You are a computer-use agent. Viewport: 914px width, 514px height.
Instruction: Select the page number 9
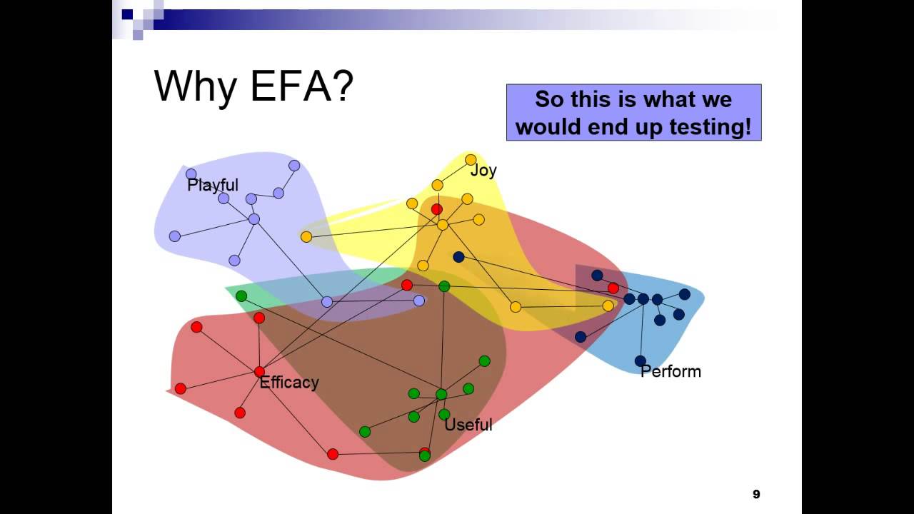[756, 494]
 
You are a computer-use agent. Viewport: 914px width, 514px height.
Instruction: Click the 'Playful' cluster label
[212, 186]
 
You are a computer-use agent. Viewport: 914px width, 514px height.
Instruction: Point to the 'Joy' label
[483, 171]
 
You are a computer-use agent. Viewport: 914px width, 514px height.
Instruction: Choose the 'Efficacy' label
[289, 383]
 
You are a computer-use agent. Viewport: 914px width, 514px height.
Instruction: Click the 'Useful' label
[468, 425]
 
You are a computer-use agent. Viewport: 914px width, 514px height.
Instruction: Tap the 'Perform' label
[671, 371]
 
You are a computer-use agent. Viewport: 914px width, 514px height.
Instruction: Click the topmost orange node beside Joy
[471, 160]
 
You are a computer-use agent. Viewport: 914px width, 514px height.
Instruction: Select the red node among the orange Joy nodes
[436, 209]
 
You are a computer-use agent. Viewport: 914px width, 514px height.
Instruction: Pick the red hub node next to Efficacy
[259, 371]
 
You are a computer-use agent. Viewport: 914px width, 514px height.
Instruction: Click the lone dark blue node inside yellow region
[458, 257]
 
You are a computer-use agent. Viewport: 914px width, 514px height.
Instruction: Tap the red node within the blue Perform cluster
[613, 288]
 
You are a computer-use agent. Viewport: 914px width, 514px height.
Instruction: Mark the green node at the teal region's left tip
[241, 296]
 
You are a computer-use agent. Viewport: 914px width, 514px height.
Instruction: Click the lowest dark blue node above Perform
[641, 361]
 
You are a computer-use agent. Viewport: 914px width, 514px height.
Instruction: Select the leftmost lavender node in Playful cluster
[175, 236]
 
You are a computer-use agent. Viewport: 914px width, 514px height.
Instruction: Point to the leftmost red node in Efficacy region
[181, 388]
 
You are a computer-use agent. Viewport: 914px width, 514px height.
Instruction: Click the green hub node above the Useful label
[441, 394]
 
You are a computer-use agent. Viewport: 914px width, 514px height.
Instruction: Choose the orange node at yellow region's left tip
[306, 236]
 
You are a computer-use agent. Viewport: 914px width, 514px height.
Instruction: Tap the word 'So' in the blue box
[548, 99]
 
